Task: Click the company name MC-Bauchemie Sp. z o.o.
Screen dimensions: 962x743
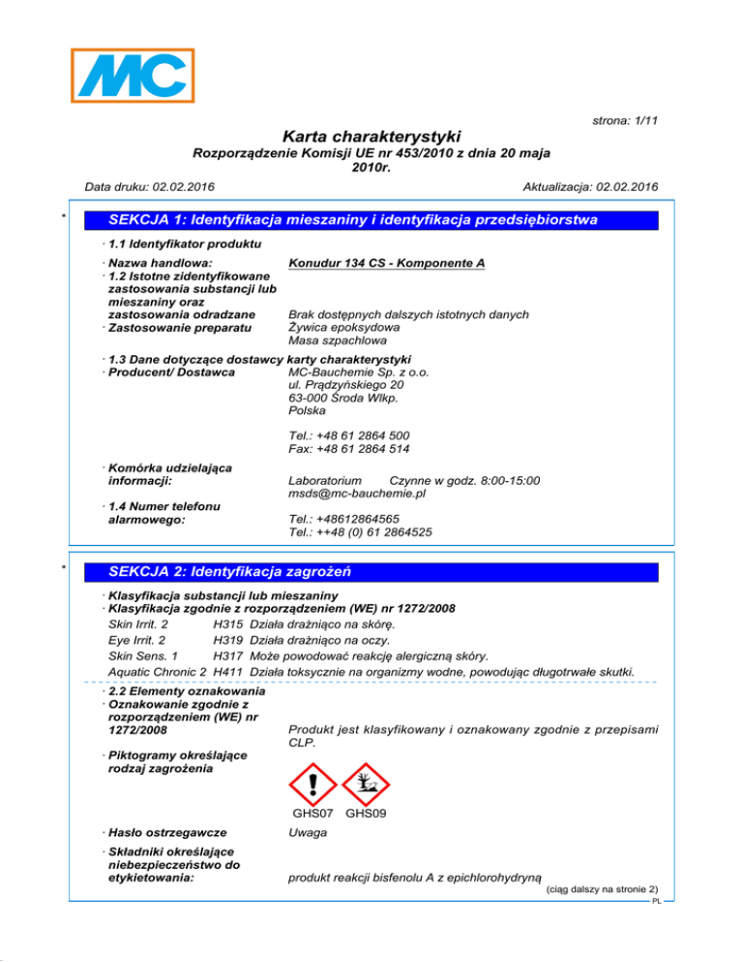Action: click(358, 372)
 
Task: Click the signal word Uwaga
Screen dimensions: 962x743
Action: click(307, 832)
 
